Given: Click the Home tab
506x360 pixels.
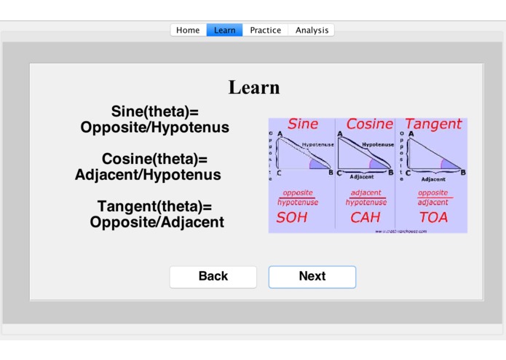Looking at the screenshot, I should pyautogui.click(x=188, y=30).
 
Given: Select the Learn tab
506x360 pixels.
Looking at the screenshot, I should pyautogui.click(x=224, y=30).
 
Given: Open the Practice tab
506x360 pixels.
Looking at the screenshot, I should pyautogui.click(x=265, y=30).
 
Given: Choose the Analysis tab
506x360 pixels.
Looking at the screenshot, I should pyautogui.click(x=312, y=30).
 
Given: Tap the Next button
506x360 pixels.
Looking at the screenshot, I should pyautogui.click(x=312, y=276).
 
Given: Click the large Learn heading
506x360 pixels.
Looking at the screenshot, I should pyautogui.click(x=254, y=87).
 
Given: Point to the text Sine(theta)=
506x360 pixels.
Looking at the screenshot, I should pyautogui.click(x=155, y=111).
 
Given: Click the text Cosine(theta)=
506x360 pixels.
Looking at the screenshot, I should pyautogui.click(x=155, y=159).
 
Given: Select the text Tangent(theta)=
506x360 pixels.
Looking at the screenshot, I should pyautogui.click(x=155, y=207).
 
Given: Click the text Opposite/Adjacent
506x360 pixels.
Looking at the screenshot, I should pyautogui.click(x=157, y=222).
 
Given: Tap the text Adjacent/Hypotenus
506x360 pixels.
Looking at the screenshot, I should pyautogui.click(x=148, y=175).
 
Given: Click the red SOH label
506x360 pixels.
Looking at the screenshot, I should pyautogui.click(x=292, y=217).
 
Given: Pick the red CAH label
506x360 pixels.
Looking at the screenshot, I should pyautogui.click(x=365, y=217).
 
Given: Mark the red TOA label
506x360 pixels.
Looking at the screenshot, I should pyautogui.click(x=433, y=217).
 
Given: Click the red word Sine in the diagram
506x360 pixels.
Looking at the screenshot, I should pyautogui.click(x=303, y=124).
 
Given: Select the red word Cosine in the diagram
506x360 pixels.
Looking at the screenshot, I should pyautogui.click(x=369, y=124).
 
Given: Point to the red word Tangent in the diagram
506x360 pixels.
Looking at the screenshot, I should pyautogui.click(x=433, y=124).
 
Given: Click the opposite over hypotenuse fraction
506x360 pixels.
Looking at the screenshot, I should pyautogui.click(x=298, y=197).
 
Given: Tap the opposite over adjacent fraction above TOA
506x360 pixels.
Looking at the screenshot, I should pyautogui.click(x=433, y=197).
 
